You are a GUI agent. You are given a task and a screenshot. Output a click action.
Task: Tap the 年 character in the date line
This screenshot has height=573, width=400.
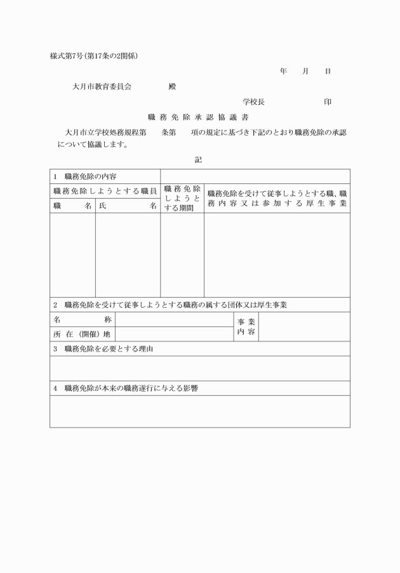tap(283, 72)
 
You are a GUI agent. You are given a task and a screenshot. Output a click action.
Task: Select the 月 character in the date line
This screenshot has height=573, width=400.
tap(305, 72)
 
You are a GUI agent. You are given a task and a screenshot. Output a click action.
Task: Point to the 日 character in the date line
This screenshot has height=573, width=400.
tap(328, 72)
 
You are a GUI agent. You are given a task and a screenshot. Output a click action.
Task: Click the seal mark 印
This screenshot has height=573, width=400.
tap(328, 102)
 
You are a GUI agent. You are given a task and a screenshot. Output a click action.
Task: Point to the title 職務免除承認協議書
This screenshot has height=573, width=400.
tap(200, 117)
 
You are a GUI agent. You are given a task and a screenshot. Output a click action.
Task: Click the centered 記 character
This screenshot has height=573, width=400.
tap(199, 161)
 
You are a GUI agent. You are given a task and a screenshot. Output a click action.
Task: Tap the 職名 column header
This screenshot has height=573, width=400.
tap(72, 206)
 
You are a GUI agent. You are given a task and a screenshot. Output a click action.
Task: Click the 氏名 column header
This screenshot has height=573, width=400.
tap(128, 206)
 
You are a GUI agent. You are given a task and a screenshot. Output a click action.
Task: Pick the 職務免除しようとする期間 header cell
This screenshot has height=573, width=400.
tap(182, 198)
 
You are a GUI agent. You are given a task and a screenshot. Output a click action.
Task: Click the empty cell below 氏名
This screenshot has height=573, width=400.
tap(128, 254)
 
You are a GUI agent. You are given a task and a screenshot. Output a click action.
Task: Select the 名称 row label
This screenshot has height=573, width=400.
tap(83, 319)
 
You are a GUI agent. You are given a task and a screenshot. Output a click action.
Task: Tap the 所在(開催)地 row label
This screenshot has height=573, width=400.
tap(83, 334)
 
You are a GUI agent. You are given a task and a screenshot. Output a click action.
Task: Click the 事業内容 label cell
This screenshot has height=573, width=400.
tap(246, 327)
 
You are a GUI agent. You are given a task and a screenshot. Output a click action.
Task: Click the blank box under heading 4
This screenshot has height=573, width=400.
tap(200, 411)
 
